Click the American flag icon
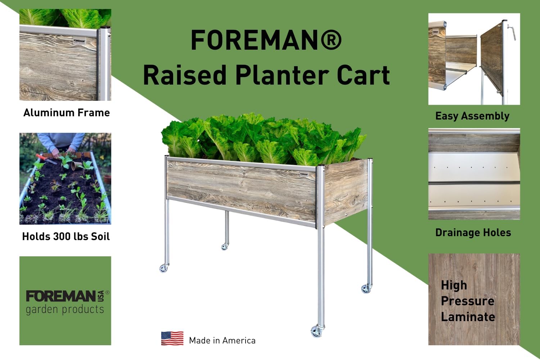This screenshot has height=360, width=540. (x=172, y=338)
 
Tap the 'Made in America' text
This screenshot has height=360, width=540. (x=222, y=341)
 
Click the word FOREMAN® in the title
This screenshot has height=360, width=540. (x=266, y=40)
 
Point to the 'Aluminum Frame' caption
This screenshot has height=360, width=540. (x=67, y=113)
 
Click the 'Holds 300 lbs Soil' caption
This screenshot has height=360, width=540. (x=66, y=237)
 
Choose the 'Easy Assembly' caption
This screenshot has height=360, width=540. (x=472, y=116)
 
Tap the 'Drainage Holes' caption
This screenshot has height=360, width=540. (x=473, y=233)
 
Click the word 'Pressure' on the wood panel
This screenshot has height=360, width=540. (x=467, y=301)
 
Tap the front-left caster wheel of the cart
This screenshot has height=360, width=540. (x=164, y=268)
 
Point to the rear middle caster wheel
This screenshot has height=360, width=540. (x=225, y=247)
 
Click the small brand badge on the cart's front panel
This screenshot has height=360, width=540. (x=304, y=174)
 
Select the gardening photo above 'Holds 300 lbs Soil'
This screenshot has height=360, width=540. (x=65, y=179)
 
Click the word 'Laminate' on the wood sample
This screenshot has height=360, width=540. (x=468, y=317)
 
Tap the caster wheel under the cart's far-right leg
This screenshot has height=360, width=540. (x=366, y=288)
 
